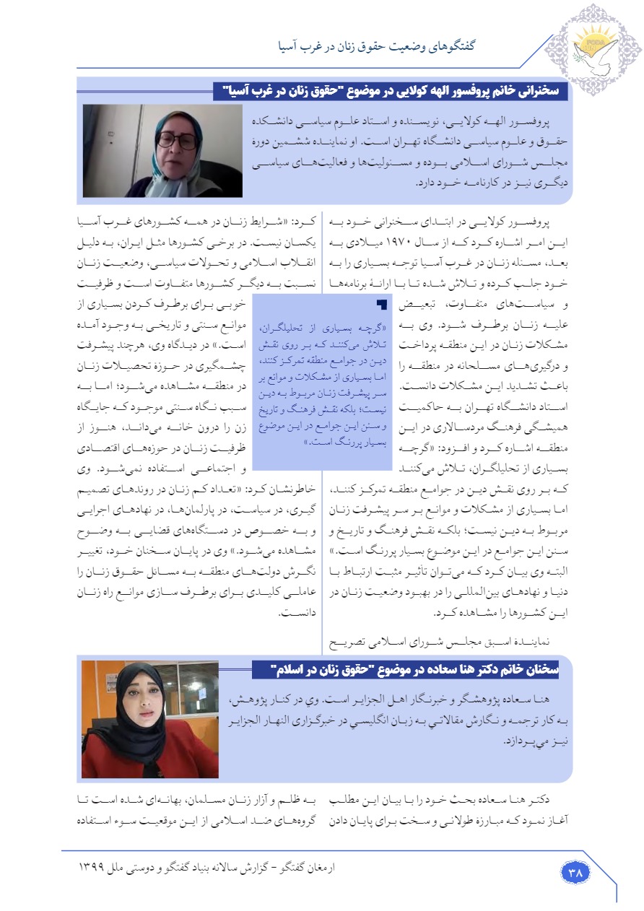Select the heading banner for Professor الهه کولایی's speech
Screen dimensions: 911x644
tap(392, 91)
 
